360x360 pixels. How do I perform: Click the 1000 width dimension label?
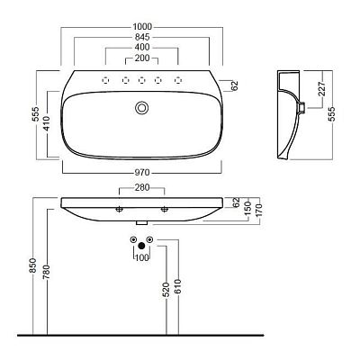point(142,27)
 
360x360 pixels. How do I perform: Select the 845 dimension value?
point(142,37)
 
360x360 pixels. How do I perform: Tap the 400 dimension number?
point(142,48)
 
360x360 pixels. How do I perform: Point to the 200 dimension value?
point(142,58)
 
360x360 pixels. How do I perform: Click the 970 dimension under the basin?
point(142,173)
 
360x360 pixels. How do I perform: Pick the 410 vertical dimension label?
point(47,123)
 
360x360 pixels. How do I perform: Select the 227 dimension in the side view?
point(322,88)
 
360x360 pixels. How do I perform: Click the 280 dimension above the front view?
point(142,187)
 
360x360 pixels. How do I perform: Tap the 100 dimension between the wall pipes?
point(142,257)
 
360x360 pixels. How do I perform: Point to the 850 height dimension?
point(32,265)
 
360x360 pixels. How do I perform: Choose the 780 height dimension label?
point(47,272)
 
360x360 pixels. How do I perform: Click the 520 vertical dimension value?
point(166,290)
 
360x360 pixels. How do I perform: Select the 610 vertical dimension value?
point(177,286)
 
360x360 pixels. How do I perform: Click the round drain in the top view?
point(141,108)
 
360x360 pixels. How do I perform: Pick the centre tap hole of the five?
point(141,80)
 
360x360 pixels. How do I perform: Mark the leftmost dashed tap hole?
point(105,80)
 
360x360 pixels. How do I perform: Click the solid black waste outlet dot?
point(141,247)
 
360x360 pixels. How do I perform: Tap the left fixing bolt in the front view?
point(119,210)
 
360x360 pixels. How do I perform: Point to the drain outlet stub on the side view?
point(302,107)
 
